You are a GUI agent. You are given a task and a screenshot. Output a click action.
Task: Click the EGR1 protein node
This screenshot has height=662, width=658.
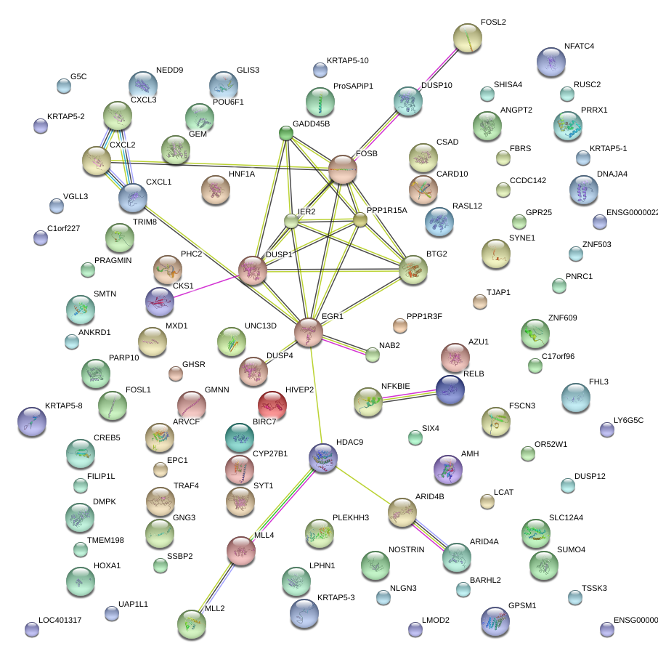click(309, 332)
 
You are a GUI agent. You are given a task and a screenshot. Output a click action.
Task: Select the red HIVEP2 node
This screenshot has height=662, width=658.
click(272, 404)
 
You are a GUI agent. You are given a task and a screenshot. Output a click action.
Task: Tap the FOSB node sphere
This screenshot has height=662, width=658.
click(342, 169)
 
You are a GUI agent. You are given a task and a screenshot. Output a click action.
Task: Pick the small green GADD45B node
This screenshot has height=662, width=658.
click(286, 133)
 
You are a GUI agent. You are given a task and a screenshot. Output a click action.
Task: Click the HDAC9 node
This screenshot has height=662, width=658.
click(322, 458)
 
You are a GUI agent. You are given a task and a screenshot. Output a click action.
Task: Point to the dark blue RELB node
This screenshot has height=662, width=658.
click(450, 389)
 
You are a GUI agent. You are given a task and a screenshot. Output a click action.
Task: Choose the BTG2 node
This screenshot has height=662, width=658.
click(413, 270)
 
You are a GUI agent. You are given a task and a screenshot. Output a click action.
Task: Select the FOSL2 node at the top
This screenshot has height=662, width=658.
click(467, 38)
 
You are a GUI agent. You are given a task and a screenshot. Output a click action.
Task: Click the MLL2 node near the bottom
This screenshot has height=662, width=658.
click(192, 623)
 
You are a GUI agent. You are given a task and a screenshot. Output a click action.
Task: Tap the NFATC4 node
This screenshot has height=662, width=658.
click(551, 62)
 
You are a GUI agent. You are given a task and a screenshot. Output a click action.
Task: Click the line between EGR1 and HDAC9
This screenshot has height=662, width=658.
click(315, 396)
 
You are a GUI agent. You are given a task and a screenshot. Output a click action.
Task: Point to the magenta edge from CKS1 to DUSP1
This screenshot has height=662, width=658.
click(206, 286)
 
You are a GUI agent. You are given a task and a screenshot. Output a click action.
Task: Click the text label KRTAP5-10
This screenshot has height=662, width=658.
click(347, 61)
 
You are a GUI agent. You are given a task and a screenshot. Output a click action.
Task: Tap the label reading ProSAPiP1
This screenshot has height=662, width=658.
click(353, 86)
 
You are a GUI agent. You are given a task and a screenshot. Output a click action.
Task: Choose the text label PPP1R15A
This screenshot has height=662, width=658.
click(387, 211)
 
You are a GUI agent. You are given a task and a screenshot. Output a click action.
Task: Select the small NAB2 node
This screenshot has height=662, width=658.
click(373, 355)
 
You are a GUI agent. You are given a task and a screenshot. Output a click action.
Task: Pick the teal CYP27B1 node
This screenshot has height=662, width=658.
click(240, 437)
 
